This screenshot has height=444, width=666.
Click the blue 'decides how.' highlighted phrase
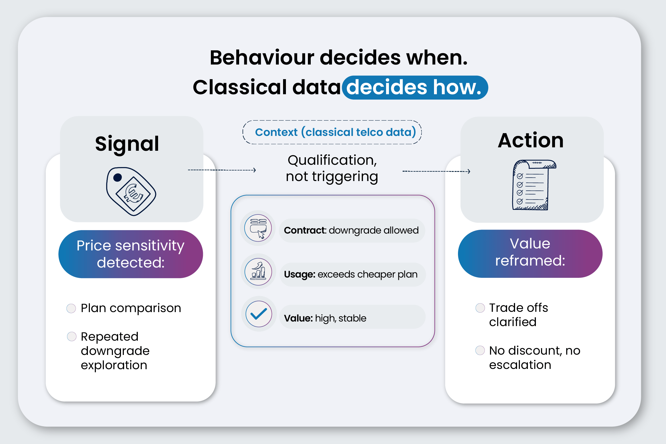coord(415,87)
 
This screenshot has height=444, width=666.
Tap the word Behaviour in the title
coord(262,58)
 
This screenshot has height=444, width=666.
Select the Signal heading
coord(127,143)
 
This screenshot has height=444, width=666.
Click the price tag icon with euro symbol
coord(131,191)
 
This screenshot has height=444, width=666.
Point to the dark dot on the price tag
coord(118,178)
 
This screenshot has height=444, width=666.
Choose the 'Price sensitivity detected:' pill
coord(131,254)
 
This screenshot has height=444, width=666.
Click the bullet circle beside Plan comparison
coord(71,308)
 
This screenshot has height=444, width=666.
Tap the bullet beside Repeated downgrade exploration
coord(72,337)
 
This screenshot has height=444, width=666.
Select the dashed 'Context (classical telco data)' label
coord(332,132)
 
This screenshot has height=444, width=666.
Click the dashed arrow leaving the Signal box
coord(222,170)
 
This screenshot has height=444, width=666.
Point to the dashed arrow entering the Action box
coord(436,171)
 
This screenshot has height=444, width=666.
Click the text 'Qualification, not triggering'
coord(332,168)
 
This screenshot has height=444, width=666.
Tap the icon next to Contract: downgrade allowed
coord(258,228)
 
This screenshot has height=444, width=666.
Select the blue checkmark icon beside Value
coord(259,314)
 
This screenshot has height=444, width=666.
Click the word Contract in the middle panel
coord(305,230)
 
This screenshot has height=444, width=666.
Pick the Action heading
coord(531,140)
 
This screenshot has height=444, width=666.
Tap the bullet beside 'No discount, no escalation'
coord(480,350)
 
